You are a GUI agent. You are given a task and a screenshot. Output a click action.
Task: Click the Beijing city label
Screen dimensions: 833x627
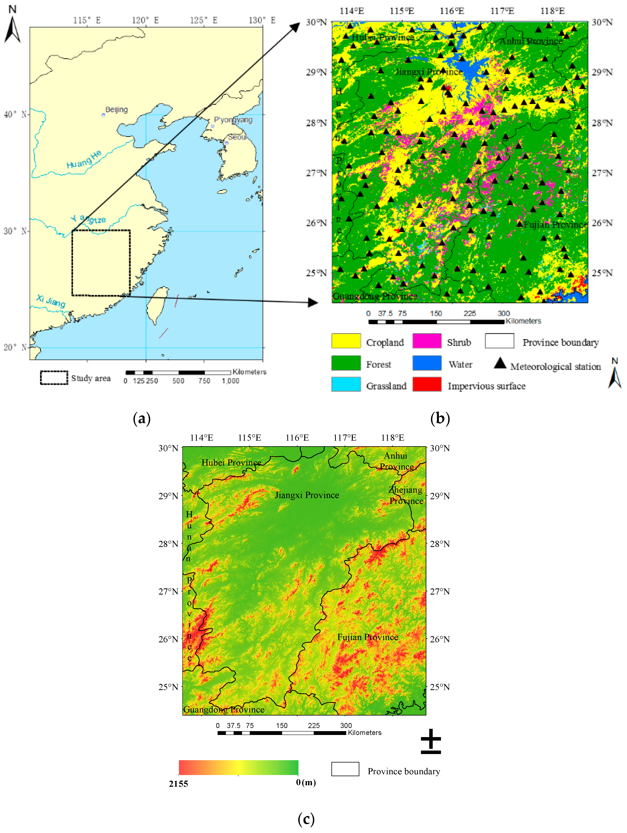point(116,110)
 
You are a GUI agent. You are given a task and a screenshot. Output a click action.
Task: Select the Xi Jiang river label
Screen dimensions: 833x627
point(51,301)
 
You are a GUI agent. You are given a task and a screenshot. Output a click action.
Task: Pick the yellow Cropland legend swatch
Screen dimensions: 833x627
point(346,341)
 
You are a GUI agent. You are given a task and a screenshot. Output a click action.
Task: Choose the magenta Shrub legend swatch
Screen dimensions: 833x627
point(427,341)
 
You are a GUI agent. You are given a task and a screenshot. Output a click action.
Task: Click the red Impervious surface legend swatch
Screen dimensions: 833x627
point(427,384)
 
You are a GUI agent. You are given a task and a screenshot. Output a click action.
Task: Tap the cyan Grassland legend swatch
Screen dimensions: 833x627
point(346,384)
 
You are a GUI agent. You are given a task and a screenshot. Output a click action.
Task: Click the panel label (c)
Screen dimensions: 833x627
point(306,819)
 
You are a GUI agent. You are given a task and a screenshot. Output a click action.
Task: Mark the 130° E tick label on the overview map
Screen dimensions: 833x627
point(262,20)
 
